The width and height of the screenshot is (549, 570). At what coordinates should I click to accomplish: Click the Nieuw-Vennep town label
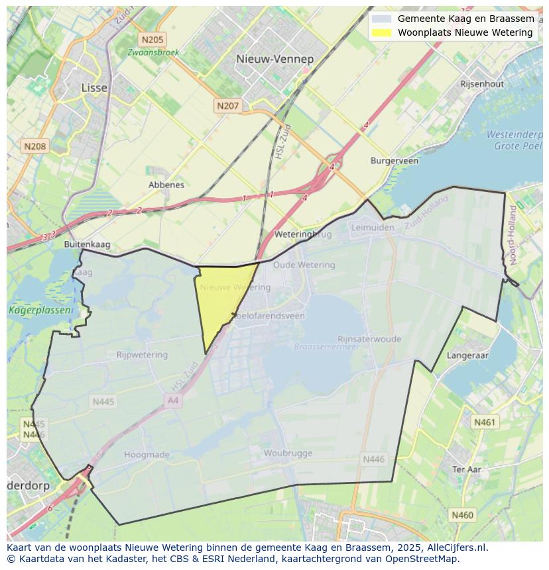[275, 59]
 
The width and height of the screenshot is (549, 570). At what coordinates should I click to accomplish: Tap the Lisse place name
[93, 87]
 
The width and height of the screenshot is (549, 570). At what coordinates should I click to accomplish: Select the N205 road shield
[152, 40]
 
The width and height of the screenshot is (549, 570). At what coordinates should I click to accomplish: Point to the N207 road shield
[227, 105]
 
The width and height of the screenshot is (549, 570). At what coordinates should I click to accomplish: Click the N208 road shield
[34, 146]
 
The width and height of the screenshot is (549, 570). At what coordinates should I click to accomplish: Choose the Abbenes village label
[166, 185]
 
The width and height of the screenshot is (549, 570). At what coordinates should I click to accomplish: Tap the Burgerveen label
[395, 161]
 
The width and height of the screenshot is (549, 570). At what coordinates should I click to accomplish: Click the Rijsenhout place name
[482, 84]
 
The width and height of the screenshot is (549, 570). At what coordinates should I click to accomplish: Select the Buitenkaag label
[86, 244]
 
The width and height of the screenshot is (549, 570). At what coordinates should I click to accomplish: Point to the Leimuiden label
[372, 227]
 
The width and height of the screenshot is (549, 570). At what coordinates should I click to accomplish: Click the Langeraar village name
[467, 356]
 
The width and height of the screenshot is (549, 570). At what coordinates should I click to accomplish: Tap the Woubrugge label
[288, 453]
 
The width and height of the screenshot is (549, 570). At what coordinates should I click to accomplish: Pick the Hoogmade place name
[147, 455]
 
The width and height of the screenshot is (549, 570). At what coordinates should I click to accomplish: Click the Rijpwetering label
[142, 355]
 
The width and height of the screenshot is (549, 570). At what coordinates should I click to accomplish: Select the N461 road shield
[484, 422]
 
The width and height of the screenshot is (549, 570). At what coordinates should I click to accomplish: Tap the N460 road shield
[462, 514]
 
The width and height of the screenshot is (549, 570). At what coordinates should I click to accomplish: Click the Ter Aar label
[467, 469]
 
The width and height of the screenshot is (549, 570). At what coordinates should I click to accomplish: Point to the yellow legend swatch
[381, 32]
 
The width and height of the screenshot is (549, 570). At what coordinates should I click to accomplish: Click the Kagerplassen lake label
[40, 310]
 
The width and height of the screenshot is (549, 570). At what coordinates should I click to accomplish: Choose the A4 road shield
[173, 401]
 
